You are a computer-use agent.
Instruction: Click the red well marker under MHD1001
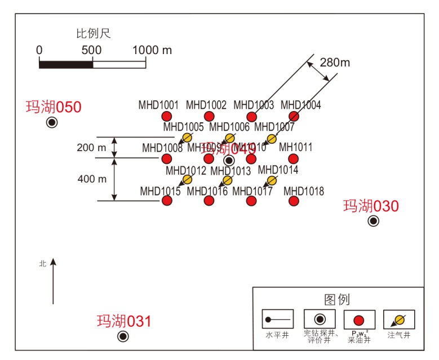166,117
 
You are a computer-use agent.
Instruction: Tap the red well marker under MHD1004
293,117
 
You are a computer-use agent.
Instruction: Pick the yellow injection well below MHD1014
272,180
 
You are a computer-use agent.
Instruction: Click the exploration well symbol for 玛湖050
52,122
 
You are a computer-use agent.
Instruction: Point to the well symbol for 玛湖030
373,221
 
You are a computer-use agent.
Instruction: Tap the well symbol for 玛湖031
123,336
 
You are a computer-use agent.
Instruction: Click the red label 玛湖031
124,322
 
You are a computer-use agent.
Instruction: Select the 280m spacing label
335,63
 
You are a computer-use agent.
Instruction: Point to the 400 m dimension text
92,179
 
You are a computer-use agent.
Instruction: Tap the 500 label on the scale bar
91,50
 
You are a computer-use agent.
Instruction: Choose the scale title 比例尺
94,33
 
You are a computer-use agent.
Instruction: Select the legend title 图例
337,299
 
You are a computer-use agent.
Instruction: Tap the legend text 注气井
398,335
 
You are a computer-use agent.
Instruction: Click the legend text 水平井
277,335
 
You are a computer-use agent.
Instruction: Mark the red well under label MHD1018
293,201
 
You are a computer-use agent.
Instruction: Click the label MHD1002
206,105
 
